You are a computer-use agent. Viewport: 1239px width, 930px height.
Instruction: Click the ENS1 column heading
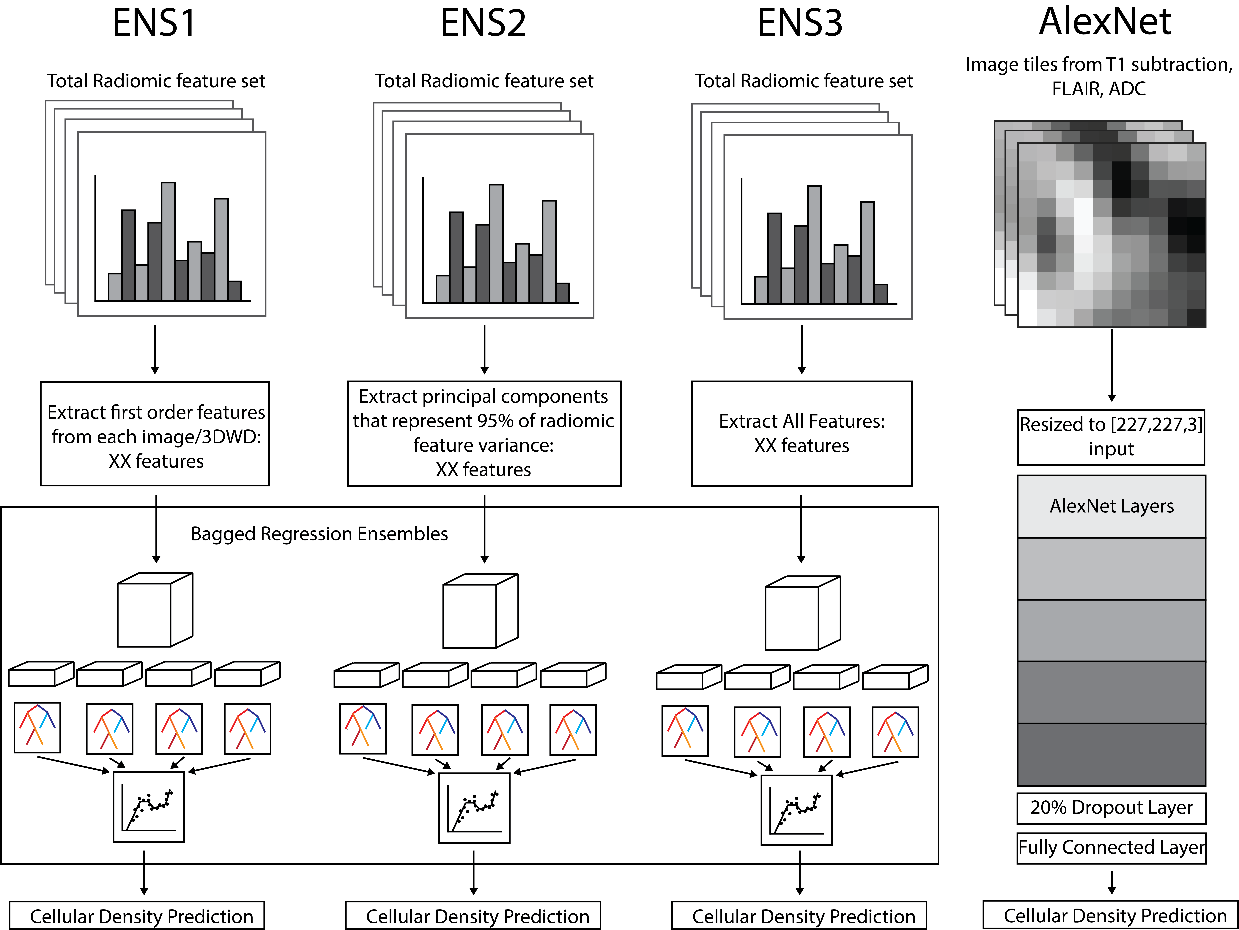tap(154, 23)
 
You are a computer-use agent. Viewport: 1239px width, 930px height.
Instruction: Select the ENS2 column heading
tap(483, 23)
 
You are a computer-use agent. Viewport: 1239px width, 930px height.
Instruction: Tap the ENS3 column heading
tap(800, 23)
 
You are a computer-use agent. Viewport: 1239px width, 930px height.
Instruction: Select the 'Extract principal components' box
tap(484, 434)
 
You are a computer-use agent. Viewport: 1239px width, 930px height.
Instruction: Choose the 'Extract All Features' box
tap(802, 434)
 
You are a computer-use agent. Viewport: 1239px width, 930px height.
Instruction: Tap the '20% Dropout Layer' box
tap(1111, 807)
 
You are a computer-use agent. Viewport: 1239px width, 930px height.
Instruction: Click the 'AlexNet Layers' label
tap(1111, 506)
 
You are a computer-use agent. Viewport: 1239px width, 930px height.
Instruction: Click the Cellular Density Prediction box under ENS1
tap(137, 916)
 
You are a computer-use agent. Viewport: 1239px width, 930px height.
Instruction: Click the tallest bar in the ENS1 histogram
tap(168, 241)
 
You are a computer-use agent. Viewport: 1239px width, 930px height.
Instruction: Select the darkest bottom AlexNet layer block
tap(1111, 754)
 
